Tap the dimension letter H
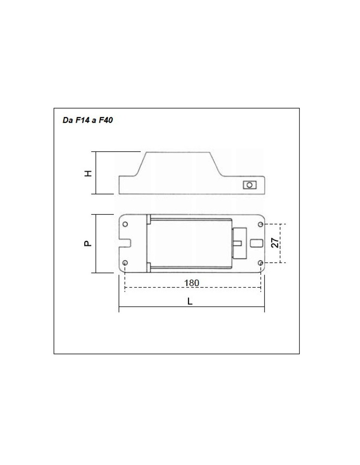click(x=88, y=173)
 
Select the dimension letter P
click(x=88, y=243)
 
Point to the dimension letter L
click(x=190, y=301)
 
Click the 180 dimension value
click(x=192, y=283)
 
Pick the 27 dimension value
click(x=275, y=243)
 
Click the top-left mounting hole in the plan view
click(x=125, y=224)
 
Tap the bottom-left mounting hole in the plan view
click(x=125, y=263)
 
